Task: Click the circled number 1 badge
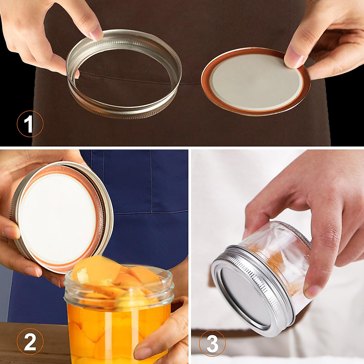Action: [x=30, y=124]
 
